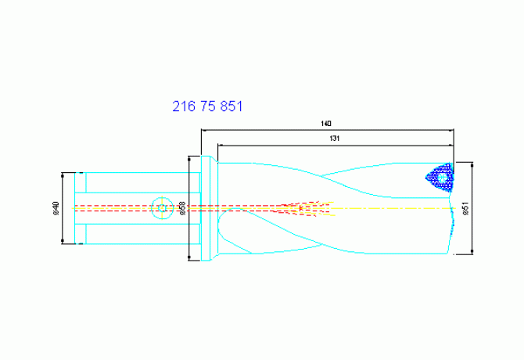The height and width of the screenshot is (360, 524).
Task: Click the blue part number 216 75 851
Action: click(x=207, y=106)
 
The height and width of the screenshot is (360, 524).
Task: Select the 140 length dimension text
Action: click(x=326, y=124)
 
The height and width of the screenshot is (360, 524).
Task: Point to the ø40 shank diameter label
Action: click(x=56, y=208)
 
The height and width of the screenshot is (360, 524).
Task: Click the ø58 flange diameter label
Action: click(x=182, y=208)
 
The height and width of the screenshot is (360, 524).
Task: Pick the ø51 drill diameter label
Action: click(x=466, y=208)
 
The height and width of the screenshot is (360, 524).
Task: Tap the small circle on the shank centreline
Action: click(x=163, y=208)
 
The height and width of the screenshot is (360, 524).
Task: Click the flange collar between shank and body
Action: click(x=206, y=208)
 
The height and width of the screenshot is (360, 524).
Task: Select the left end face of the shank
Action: click(x=76, y=208)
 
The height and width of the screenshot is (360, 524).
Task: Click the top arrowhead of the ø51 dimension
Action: click(x=474, y=164)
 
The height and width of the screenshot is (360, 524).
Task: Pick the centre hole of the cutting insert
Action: click(x=443, y=178)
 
